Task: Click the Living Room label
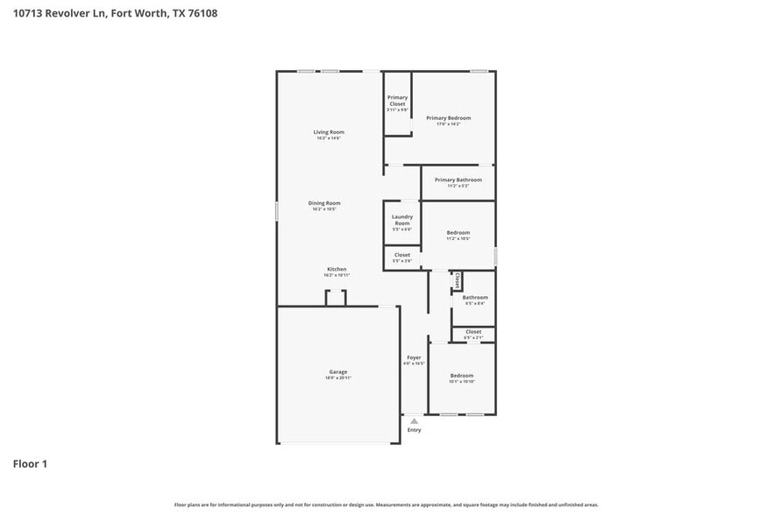coord(329,132)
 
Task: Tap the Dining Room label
coord(324,203)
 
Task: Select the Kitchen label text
coord(337,269)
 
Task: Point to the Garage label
coord(338,371)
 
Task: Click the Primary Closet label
coord(397,101)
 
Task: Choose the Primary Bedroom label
coord(449,117)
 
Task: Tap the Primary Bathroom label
coord(458,180)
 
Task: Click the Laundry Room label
coord(401,220)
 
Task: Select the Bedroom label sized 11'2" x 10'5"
coord(458,232)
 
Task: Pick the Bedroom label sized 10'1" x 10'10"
coord(462,375)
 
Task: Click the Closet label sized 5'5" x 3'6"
coord(401,255)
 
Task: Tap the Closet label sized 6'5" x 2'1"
coord(473,332)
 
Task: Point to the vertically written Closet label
coord(457,280)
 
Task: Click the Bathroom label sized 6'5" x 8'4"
coord(475,297)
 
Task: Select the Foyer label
coord(414,357)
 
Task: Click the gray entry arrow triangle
coord(414,421)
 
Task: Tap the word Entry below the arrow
coord(414,430)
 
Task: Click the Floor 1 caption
coord(30,463)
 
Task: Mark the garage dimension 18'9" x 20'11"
coord(338,377)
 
